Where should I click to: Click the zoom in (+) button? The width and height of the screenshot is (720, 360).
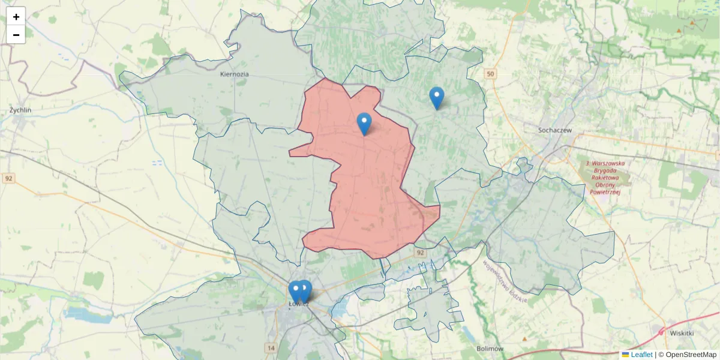point(16,17)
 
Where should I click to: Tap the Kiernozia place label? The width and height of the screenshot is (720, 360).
point(234,74)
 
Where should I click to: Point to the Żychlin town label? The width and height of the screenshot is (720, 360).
point(20,110)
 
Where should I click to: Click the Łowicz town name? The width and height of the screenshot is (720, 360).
point(298,304)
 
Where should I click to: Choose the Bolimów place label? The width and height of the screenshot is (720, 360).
point(490,349)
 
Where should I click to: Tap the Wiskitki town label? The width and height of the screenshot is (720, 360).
point(682,333)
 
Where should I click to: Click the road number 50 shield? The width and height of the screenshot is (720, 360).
point(491,74)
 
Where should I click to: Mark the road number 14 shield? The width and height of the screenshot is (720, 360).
point(271,348)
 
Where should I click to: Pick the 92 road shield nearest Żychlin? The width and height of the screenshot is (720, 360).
point(8,178)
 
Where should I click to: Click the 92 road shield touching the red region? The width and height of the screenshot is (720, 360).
point(420,253)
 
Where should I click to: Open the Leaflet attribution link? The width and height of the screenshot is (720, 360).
point(641,355)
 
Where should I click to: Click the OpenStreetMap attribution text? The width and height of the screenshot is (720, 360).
point(691,355)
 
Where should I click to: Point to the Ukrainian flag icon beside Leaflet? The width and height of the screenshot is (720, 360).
point(626,355)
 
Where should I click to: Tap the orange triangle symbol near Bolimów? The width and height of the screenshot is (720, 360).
point(524,339)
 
